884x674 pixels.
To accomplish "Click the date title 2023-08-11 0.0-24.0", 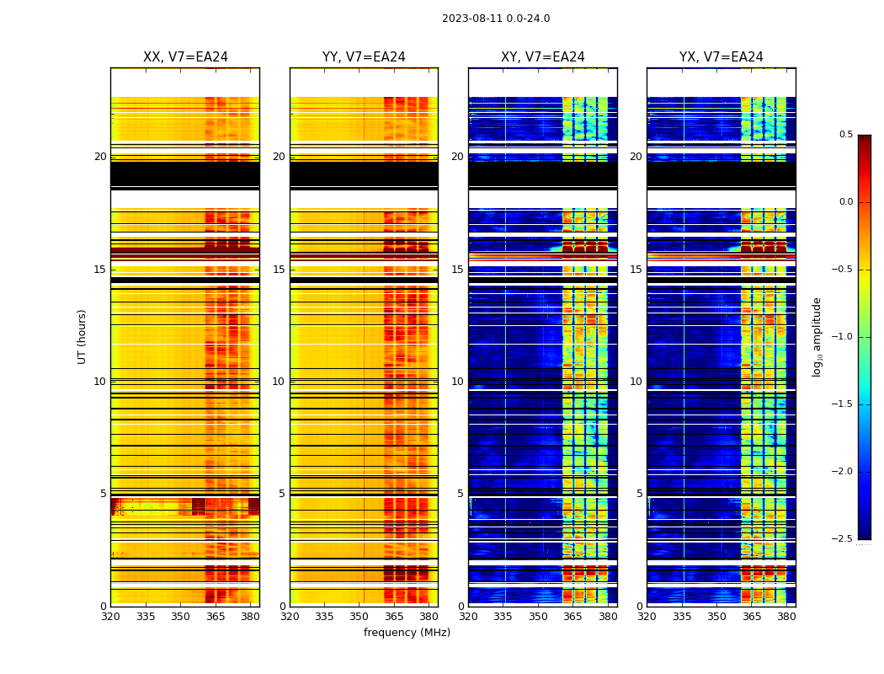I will pyautogui.click(x=496, y=19).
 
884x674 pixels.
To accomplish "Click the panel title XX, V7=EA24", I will pyautogui.click(x=185, y=57).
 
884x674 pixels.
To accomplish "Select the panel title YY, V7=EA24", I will pyautogui.click(x=364, y=57).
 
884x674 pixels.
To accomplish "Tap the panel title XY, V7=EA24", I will pyautogui.click(x=543, y=57).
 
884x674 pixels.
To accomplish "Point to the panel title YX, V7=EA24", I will pyautogui.click(x=722, y=57).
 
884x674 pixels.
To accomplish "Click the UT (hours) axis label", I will pyautogui.click(x=82, y=336).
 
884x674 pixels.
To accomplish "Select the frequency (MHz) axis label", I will pyautogui.click(x=407, y=633).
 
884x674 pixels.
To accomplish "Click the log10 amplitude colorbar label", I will pyautogui.click(x=817, y=336).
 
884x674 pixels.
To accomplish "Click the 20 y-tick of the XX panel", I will pyautogui.click(x=100, y=157).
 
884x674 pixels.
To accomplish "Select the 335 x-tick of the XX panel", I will pyautogui.click(x=146, y=617).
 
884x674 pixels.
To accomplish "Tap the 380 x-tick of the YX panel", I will pyautogui.click(x=786, y=617).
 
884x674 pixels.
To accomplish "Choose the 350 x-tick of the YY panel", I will pyautogui.click(x=359, y=617).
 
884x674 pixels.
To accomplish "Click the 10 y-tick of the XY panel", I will pyautogui.click(x=458, y=382).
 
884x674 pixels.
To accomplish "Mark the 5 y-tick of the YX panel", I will pyautogui.click(x=640, y=494).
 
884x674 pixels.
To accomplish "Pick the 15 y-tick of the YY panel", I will pyautogui.click(x=279, y=270).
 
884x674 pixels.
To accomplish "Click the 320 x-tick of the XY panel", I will pyautogui.click(x=468, y=617).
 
